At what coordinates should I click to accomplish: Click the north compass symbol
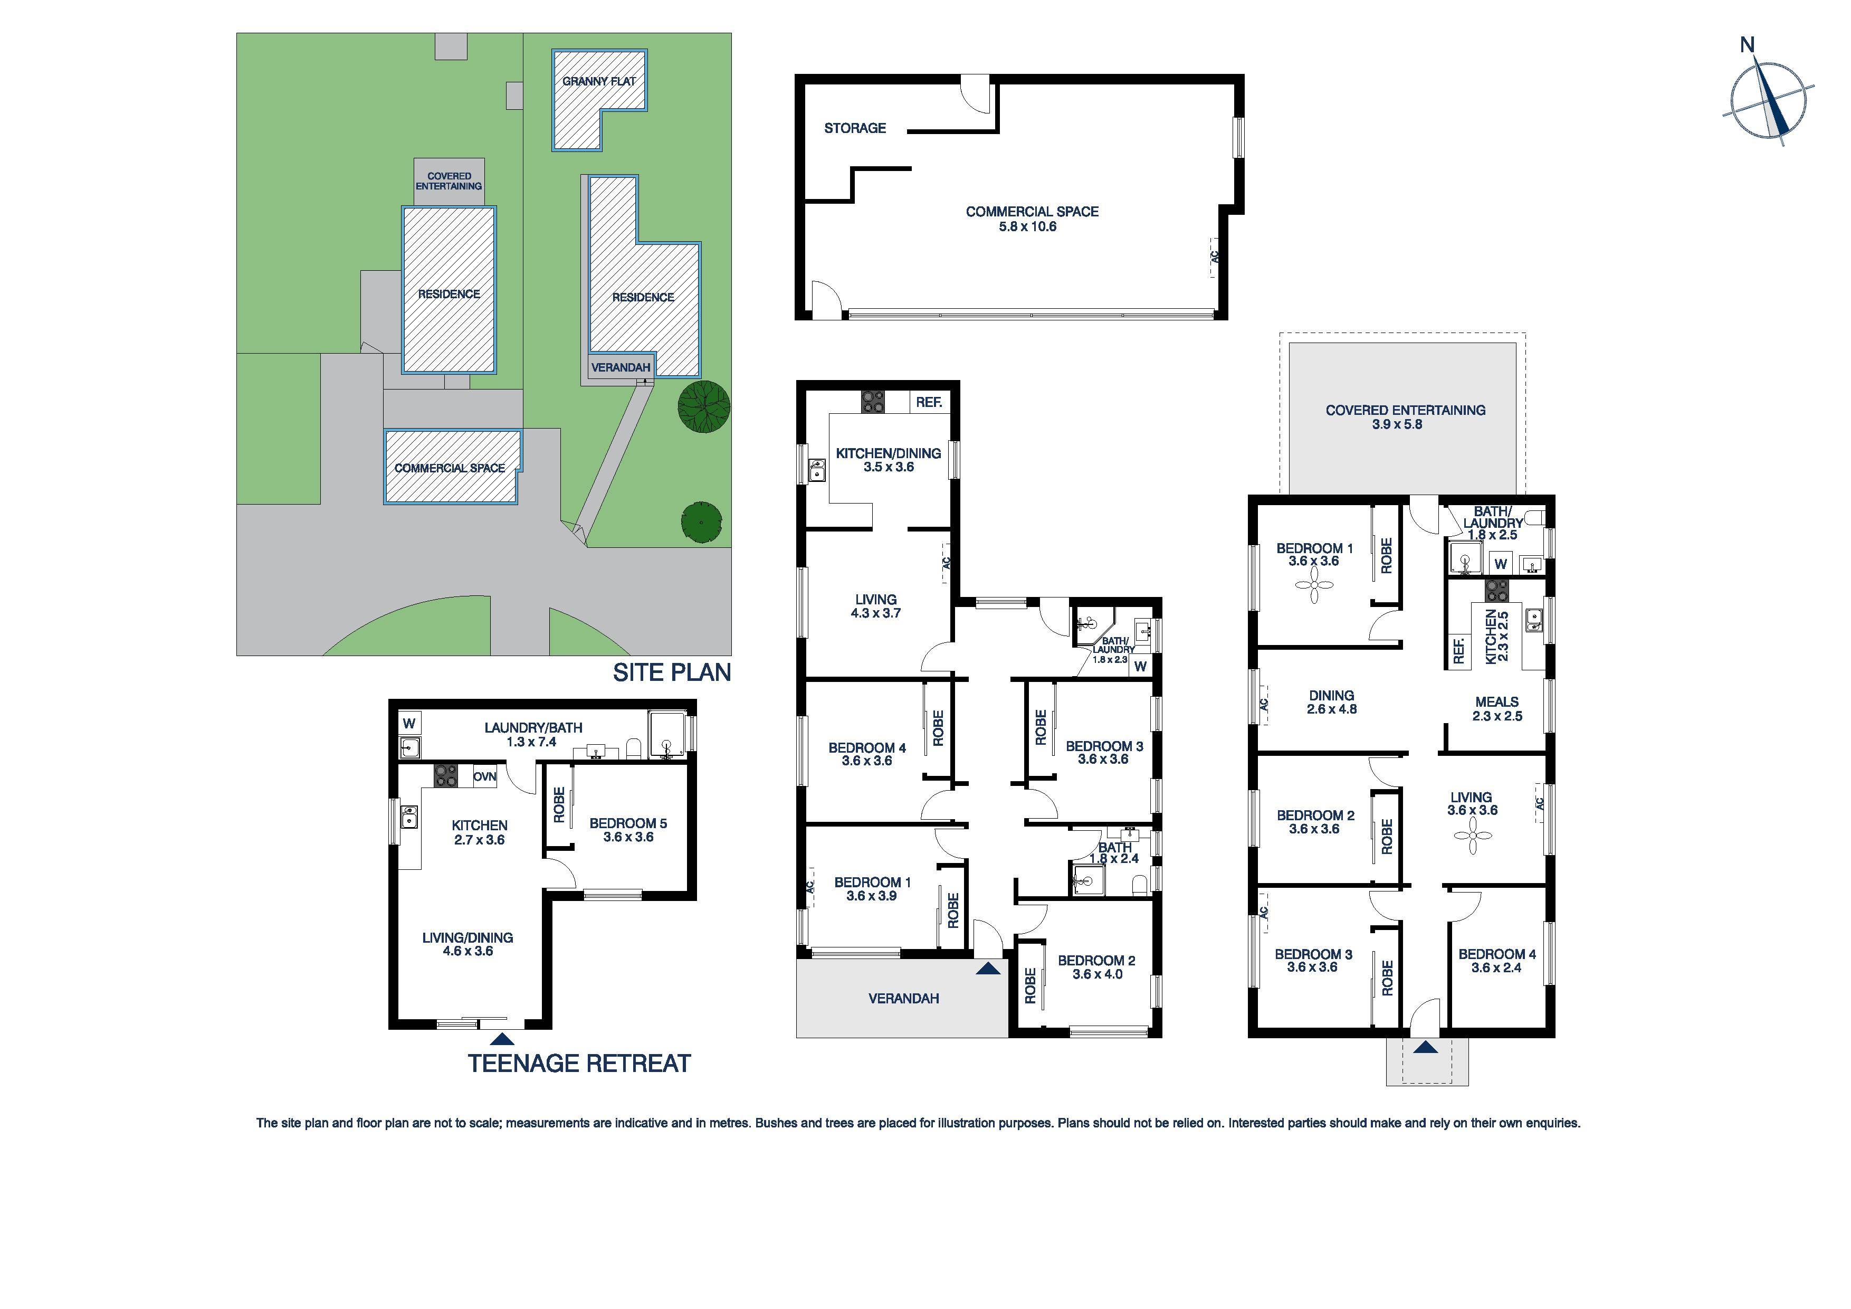(x=1769, y=105)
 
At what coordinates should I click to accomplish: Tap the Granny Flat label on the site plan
(x=599, y=81)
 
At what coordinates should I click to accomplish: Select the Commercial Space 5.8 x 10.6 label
(x=1032, y=219)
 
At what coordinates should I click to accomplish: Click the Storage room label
(x=855, y=128)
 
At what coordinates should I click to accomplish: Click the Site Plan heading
(x=672, y=672)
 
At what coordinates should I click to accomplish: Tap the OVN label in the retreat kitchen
(x=484, y=776)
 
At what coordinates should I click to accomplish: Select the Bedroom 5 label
(x=628, y=830)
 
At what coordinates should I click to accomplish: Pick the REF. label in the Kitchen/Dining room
(x=929, y=402)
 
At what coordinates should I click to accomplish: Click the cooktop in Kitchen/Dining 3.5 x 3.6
(x=872, y=402)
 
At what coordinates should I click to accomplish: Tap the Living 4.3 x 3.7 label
(x=875, y=606)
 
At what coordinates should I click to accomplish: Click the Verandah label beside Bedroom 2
(x=903, y=999)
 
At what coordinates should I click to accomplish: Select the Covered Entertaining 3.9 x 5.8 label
(x=1405, y=417)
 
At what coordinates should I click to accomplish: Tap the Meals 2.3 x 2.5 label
(x=1496, y=709)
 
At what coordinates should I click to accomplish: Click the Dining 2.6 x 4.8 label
(x=1331, y=701)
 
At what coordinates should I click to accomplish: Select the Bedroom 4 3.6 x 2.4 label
(x=1496, y=961)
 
